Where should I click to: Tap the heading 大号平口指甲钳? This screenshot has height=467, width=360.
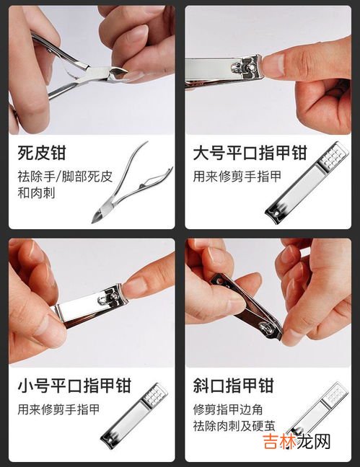coord(250,154)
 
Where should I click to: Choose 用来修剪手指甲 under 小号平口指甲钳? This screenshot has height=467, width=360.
coord(58,409)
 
